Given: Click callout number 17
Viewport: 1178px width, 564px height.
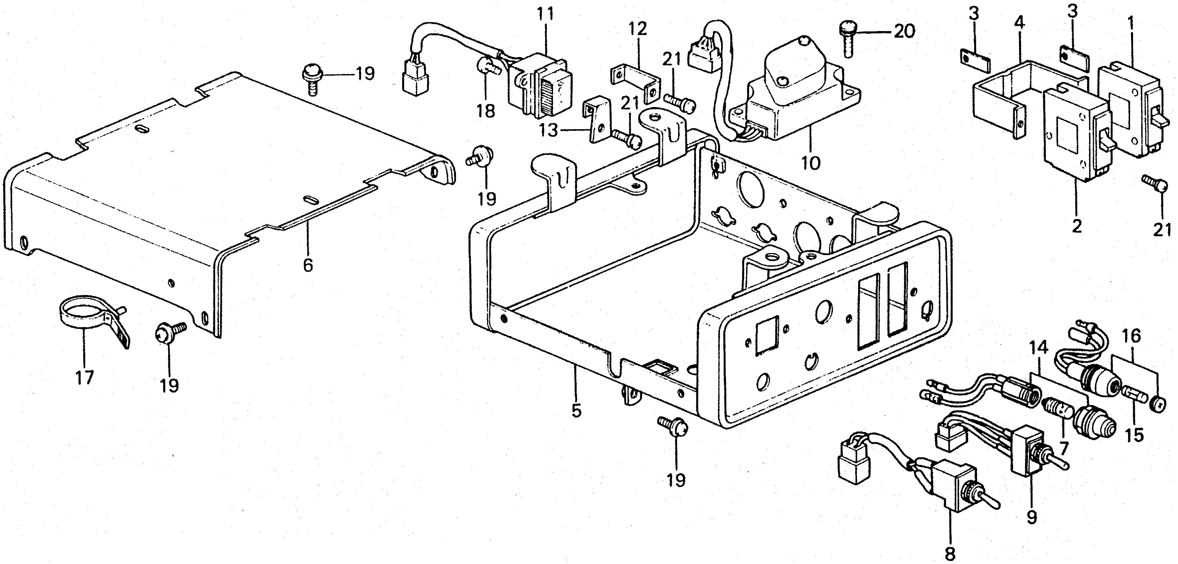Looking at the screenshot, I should click(x=85, y=378).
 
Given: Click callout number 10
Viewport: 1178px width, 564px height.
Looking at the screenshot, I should click(x=811, y=163).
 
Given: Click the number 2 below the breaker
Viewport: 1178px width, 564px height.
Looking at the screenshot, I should click(x=1077, y=226).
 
